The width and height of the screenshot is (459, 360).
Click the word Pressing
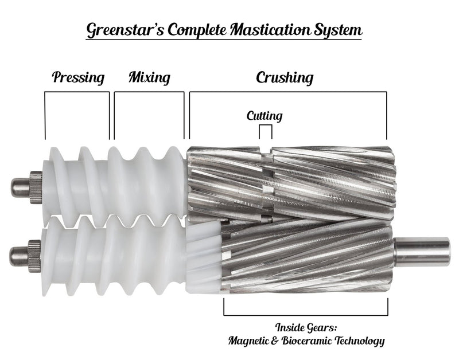78,77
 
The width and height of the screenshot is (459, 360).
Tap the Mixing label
149,77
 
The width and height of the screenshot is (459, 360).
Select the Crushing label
285,77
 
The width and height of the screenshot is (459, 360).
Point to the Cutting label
264,116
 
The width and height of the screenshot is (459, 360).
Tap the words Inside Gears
306,328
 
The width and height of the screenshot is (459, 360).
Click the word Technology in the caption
359,341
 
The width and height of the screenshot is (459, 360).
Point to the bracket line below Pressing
77,92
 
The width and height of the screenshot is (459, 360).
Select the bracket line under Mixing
149,92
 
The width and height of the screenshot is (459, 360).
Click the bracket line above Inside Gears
306,315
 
